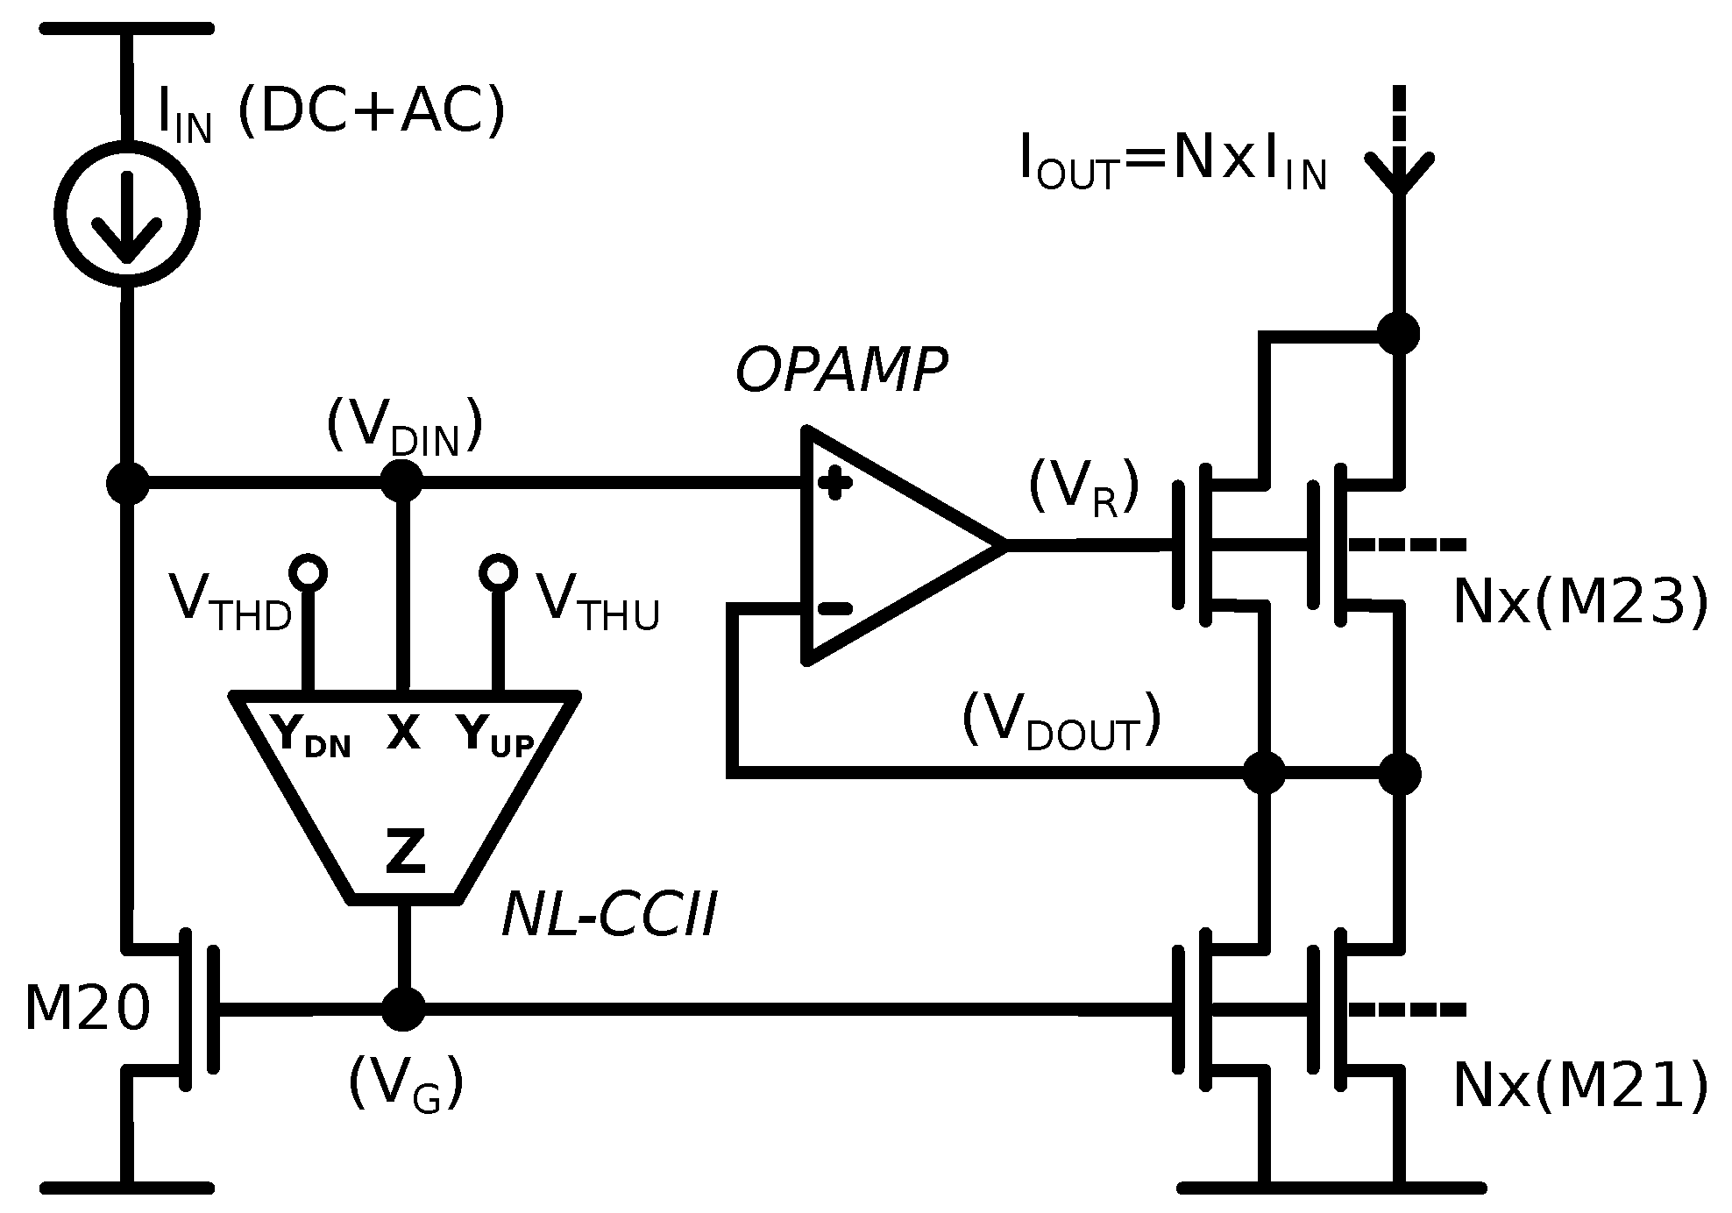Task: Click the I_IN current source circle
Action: pyautogui.click(x=128, y=212)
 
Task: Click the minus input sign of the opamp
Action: pyautogui.click(x=834, y=608)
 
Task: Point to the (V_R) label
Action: pyautogui.click(x=1083, y=487)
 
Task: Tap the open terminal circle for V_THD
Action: pyautogui.click(x=309, y=573)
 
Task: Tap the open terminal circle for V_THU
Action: pyautogui.click(x=498, y=573)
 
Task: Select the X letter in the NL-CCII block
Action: pyautogui.click(x=403, y=732)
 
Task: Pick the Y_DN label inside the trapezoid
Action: pyautogui.click(x=311, y=736)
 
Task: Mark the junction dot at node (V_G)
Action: pyautogui.click(x=404, y=1009)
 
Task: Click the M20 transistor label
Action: pyautogui.click(x=88, y=1009)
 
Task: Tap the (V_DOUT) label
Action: pyautogui.click(x=1061, y=723)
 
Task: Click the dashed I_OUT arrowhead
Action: pyautogui.click(x=1399, y=171)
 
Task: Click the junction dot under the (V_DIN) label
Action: pyautogui.click(x=403, y=480)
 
